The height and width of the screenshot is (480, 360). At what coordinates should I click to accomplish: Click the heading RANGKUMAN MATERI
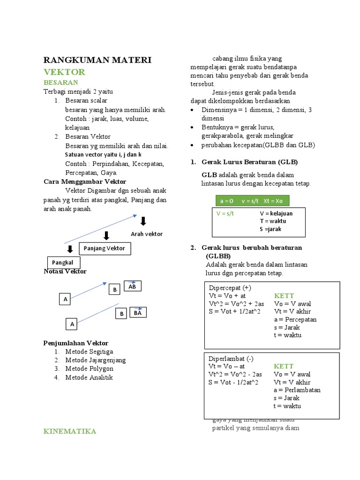(97, 60)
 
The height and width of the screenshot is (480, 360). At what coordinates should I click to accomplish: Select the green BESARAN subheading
(60, 82)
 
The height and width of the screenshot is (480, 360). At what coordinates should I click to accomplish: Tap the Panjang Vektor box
(105, 248)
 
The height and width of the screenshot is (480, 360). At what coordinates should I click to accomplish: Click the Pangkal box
(63, 262)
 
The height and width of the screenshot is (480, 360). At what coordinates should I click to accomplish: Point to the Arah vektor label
(147, 234)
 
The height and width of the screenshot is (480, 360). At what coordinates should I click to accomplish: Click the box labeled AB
(132, 286)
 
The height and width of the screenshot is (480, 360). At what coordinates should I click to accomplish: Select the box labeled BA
(137, 312)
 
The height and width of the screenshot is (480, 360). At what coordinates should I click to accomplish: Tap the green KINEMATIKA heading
(70, 431)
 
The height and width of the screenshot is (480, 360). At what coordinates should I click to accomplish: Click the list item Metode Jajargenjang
(95, 360)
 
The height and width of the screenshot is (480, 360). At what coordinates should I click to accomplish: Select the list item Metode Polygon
(89, 368)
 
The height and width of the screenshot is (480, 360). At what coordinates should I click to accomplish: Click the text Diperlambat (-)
(227, 358)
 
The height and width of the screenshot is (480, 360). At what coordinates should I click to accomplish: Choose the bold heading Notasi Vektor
(65, 271)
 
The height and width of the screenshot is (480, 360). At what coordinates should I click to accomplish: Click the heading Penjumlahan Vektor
(75, 343)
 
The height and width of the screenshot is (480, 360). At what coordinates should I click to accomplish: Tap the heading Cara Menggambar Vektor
(84, 181)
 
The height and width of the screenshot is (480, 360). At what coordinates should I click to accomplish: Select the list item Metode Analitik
(89, 377)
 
